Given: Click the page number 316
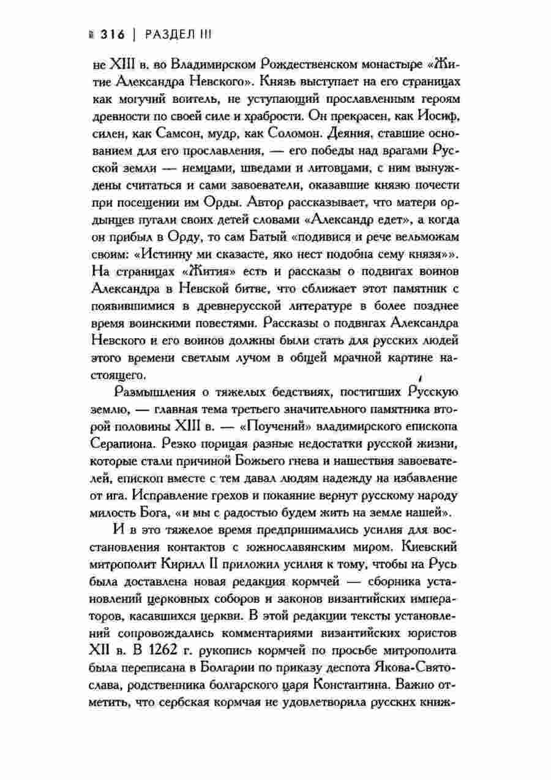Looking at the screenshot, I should coord(110,36).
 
